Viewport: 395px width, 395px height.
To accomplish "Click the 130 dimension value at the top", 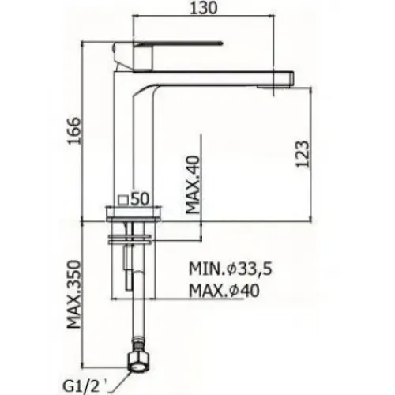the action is tap(204, 8).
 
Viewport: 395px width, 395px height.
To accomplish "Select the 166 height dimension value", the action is tap(73, 130).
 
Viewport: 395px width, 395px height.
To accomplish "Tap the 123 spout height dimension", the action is tap(302, 154).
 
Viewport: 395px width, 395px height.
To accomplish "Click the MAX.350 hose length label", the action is tap(73, 295).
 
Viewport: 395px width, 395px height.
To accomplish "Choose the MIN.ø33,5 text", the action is tap(231, 269).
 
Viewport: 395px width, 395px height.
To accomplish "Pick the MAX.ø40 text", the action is tap(224, 291).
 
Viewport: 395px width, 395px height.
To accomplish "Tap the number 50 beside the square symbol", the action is tap(140, 199).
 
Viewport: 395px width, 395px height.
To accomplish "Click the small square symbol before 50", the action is tap(123, 199).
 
